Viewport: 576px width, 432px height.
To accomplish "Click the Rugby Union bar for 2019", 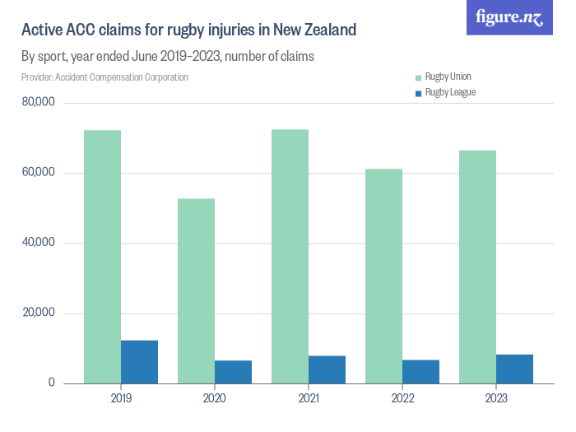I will (102, 257).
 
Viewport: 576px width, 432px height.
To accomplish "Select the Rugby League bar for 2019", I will (139, 362).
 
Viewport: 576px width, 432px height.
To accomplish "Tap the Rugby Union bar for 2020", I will (196, 290).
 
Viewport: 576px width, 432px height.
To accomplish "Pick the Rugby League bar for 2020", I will (233, 372).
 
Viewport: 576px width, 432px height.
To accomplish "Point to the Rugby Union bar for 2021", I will (290, 256).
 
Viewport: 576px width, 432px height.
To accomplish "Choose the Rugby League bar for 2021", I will (327, 369).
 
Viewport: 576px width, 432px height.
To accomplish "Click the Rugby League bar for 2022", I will (420, 372).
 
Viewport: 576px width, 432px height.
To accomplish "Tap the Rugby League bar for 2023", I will (514, 369).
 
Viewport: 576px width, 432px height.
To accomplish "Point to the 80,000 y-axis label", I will (39, 103).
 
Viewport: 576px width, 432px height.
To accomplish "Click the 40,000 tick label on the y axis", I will (39, 243).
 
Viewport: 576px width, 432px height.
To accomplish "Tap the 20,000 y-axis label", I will (39, 313).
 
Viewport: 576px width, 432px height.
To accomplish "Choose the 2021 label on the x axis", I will (309, 398).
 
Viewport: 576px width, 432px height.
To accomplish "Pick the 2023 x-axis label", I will (496, 398).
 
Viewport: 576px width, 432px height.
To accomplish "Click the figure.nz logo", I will (509, 17).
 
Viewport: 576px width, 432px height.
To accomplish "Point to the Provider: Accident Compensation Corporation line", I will (105, 77).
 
